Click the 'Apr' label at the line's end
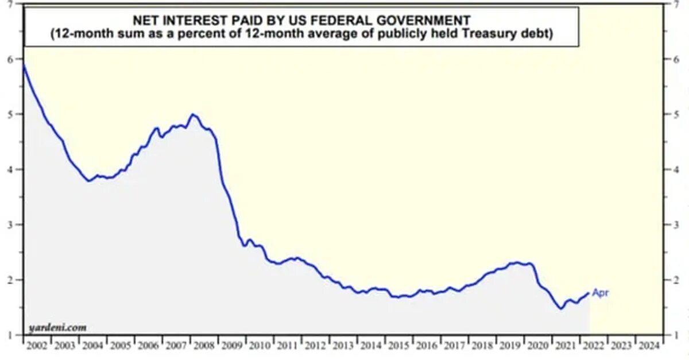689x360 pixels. pyautogui.click(x=600, y=293)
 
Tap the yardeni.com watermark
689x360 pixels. pyautogui.click(x=57, y=328)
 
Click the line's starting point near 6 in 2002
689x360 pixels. pyautogui.click(x=24, y=65)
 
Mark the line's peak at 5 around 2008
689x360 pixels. pyautogui.click(x=193, y=114)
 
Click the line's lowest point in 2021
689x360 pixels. pyautogui.click(x=560, y=308)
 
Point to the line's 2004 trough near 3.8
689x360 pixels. pyautogui.click(x=88, y=181)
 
